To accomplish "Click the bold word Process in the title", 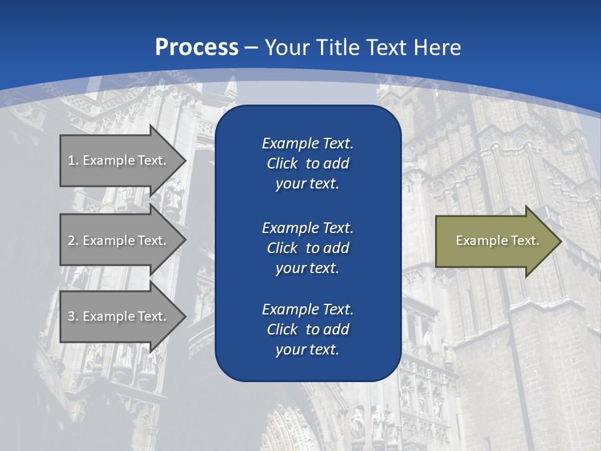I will coord(197,48).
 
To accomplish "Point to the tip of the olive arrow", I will coord(560,241).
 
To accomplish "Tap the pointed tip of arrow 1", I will coord(185,160).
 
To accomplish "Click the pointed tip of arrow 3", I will coord(185,316).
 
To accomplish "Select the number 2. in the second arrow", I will coord(73,241).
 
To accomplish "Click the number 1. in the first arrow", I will coord(73,160).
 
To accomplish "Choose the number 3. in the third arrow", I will coord(73,316).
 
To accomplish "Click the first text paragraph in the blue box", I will coord(307,163).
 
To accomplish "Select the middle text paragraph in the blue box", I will coord(307,248).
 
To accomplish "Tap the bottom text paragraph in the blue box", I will coord(307,329).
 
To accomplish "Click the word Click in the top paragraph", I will coord(282,164).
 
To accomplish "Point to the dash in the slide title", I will coord(252,48).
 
